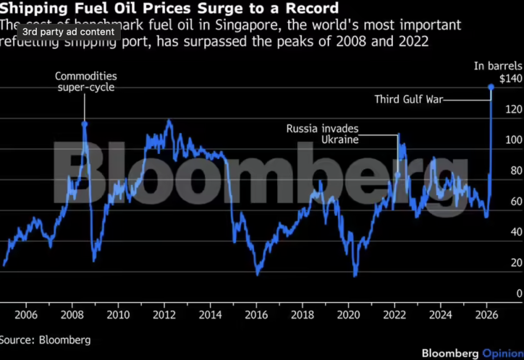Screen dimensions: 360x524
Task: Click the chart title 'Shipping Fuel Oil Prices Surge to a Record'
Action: (x=169, y=8)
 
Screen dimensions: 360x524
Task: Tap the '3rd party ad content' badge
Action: (x=69, y=32)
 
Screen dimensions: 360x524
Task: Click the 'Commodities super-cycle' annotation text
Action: (x=85, y=82)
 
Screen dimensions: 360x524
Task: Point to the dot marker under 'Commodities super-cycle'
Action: (x=84, y=124)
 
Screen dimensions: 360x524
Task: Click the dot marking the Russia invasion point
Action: (x=398, y=175)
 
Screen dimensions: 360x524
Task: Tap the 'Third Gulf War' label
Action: (x=408, y=99)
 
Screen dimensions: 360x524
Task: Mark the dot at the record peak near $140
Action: (x=491, y=87)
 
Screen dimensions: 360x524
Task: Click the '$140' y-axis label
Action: (x=511, y=79)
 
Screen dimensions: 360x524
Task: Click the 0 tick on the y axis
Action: (x=518, y=294)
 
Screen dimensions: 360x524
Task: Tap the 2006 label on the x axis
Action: (x=26, y=314)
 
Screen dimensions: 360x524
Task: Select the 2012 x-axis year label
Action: (x=164, y=314)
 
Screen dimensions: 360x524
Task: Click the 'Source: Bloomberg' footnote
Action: (x=45, y=340)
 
